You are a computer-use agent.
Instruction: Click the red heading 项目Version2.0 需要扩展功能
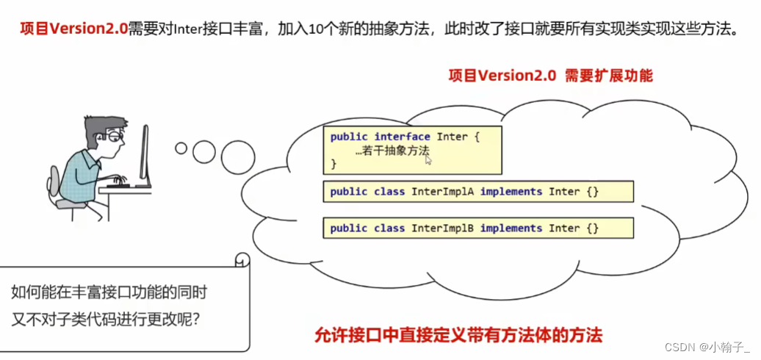click(551, 76)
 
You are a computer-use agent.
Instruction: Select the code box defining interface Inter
click(413, 149)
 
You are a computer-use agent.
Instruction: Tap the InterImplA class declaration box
click(478, 192)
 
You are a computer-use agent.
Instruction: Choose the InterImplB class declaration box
click(478, 228)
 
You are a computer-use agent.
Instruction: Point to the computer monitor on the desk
click(145, 154)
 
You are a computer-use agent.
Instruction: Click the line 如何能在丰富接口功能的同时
click(109, 292)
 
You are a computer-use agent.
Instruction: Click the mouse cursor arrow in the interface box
click(428, 159)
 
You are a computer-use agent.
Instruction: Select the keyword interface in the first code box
click(403, 137)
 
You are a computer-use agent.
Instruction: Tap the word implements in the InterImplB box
click(511, 228)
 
